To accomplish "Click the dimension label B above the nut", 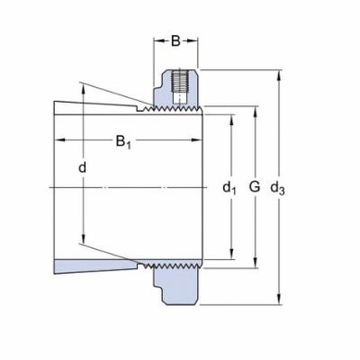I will [175, 40].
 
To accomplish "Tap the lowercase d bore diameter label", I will [83, 167].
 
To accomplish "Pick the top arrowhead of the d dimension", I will [84, 86].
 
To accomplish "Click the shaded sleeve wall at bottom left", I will [90, 267].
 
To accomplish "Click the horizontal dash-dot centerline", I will [135, 187].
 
